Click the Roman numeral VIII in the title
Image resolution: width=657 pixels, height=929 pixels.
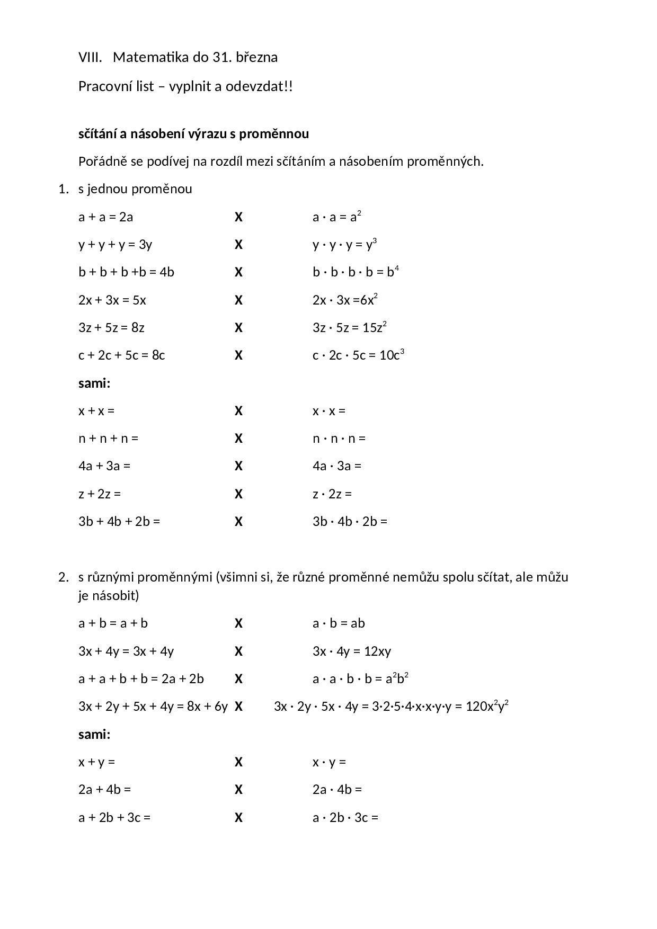[90, 57]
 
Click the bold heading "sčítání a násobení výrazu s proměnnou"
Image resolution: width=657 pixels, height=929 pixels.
[193, 134]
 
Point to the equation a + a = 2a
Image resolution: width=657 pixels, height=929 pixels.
[105, 217]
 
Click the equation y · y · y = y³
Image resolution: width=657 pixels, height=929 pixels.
[344, 245]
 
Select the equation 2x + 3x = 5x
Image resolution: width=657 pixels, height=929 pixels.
[112, 300]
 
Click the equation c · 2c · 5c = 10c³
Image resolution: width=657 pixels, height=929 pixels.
[358, 355]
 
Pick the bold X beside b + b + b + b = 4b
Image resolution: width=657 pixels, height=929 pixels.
[238, 272]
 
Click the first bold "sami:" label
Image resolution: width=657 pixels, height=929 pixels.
[94, 383]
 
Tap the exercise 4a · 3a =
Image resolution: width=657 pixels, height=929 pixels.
[336, 466]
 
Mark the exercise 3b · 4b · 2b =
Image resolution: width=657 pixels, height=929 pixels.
[350, 521]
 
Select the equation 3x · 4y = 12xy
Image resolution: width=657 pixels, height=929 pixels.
[352, 651]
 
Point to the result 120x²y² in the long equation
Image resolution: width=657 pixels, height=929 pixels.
[487, 706]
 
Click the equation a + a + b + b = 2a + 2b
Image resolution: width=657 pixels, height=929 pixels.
[141, 678]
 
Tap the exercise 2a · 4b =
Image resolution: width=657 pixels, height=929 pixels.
[337, 789]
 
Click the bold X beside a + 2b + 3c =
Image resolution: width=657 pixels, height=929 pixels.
[238, 817]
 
